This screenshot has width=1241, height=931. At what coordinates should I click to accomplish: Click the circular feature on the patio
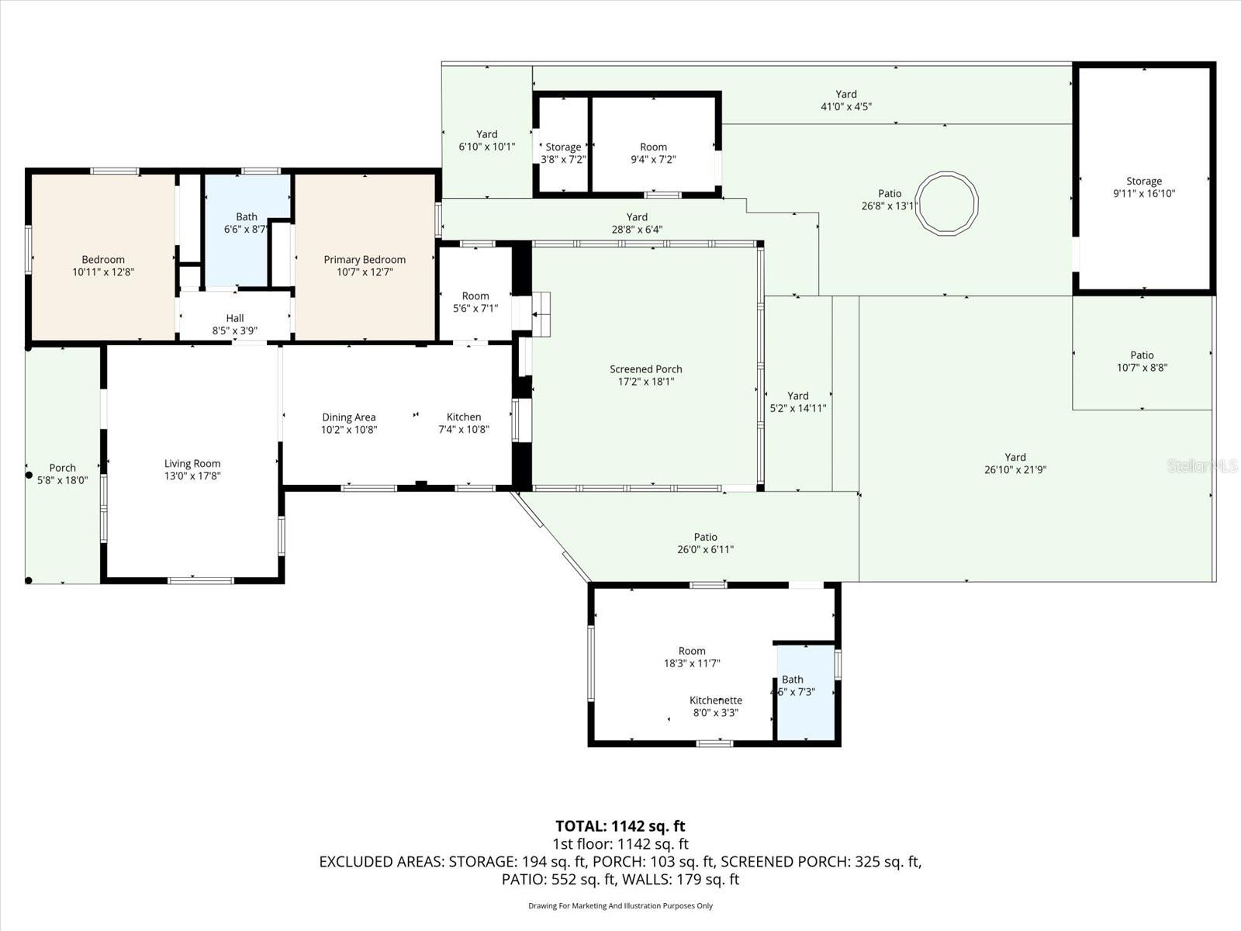946,203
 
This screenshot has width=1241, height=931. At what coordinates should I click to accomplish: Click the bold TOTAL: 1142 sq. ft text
620,826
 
